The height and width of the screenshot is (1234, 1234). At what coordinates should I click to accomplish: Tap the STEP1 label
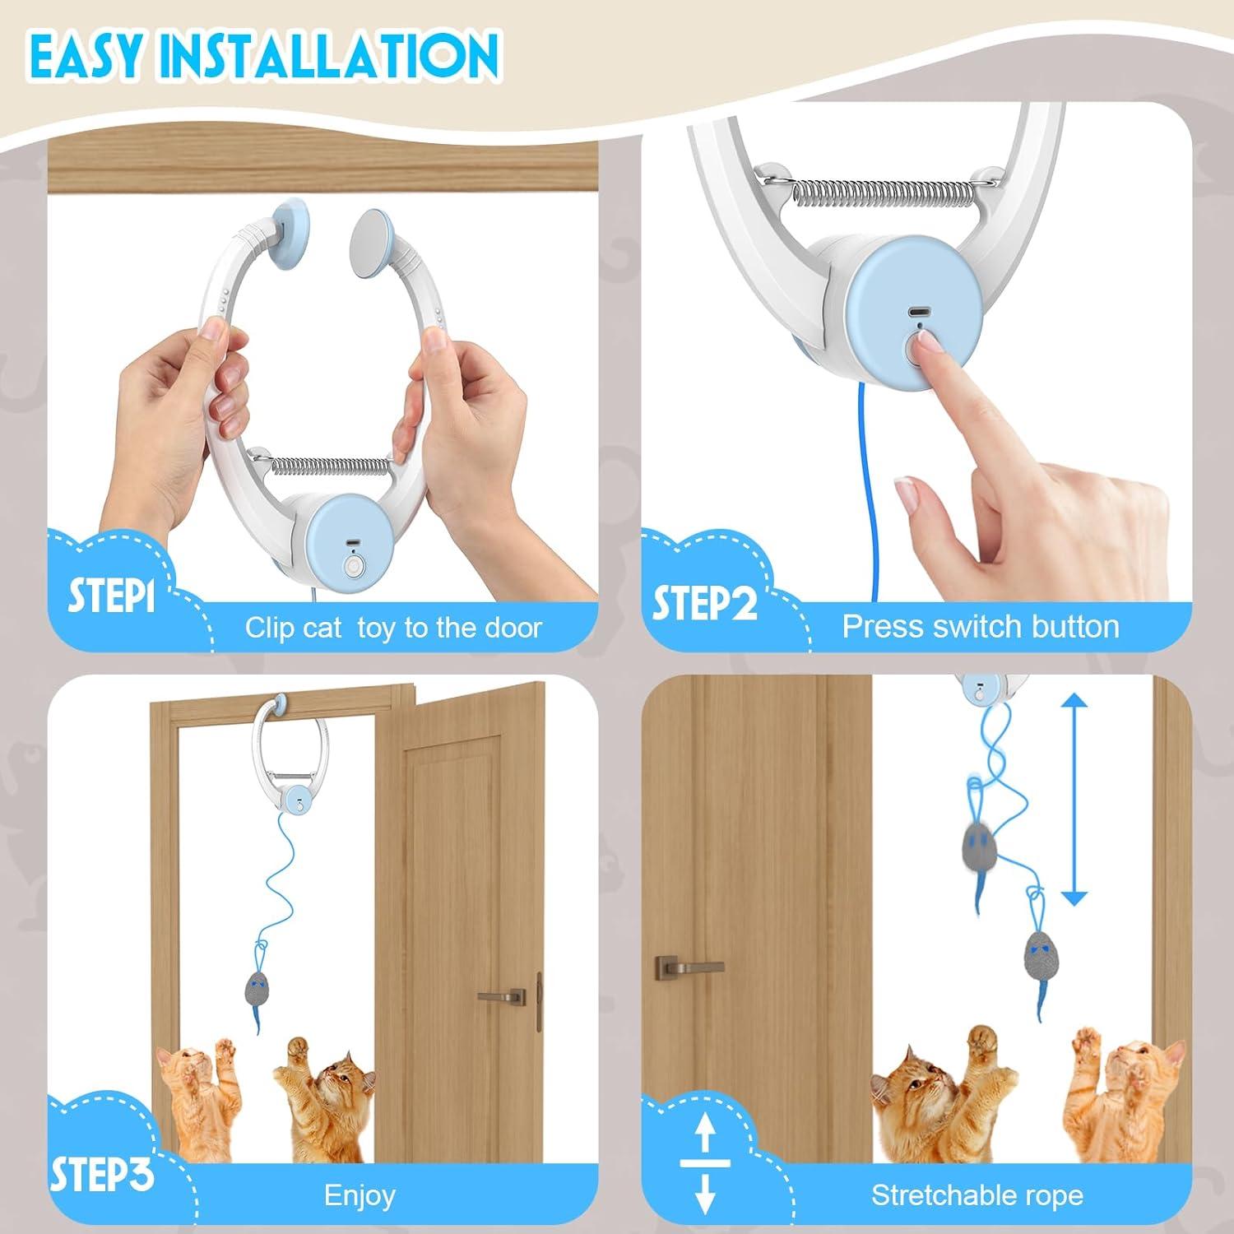point(111,596)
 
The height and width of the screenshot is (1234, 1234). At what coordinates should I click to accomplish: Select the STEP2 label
point(704,603)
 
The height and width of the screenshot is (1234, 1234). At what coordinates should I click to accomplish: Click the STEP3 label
point(101,1175)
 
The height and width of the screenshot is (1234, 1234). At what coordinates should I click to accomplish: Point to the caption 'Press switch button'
point(981,627)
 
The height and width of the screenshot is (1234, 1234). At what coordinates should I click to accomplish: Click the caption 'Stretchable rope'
point(977,1195)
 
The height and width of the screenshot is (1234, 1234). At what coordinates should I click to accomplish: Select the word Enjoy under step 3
point(360,1195)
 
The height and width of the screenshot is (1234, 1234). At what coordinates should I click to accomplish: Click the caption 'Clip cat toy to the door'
point(393,628)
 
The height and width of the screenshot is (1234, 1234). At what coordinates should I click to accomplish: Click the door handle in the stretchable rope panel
point(688,967)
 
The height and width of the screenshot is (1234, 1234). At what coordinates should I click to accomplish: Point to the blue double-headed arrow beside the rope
point(1074,799)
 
